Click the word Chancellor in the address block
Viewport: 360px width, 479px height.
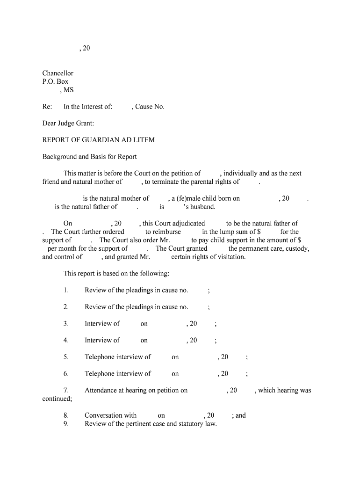point(58,73)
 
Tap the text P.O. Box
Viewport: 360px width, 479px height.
point(55,81)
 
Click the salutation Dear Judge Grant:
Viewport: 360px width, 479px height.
point(68,123)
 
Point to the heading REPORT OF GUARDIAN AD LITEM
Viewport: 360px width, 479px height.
point(98,140)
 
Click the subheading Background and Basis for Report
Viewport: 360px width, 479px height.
point(89,156)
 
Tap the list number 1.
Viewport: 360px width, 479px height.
point(66,290)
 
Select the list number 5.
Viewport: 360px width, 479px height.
point(66,357)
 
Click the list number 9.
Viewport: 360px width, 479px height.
point(66,424)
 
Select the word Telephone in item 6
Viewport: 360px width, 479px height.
point(100,373)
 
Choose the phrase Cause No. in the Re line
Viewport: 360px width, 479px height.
point(150,107)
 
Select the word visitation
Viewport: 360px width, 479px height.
point(230,257)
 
